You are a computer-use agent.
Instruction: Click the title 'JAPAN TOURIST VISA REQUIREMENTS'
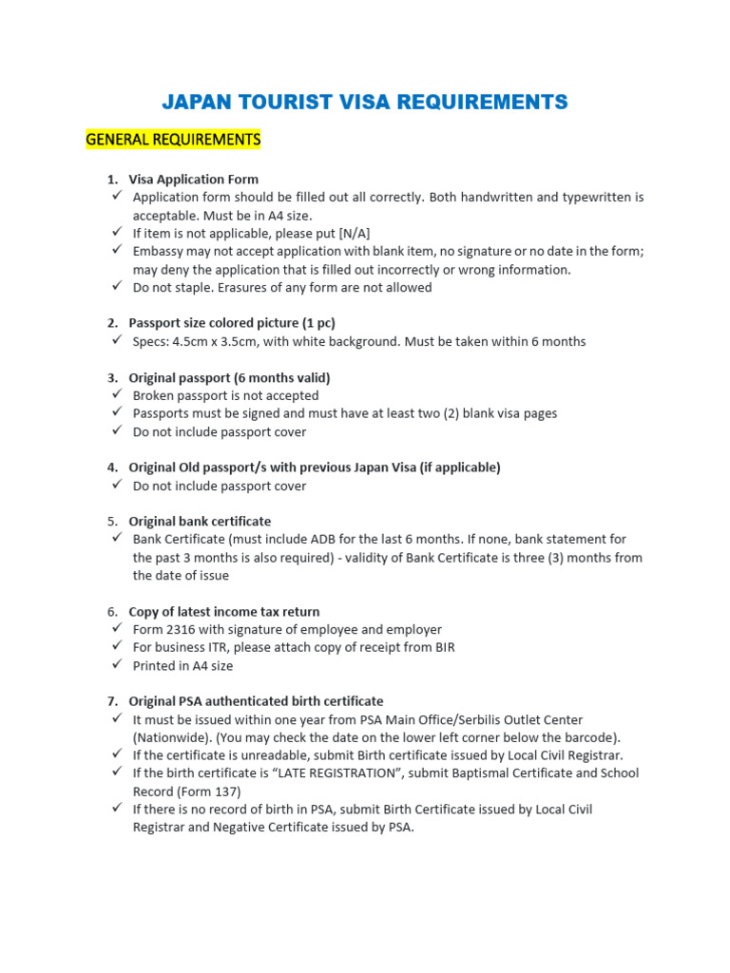pos(365,102)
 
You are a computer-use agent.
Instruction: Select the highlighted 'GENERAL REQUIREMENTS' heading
pos(173,140)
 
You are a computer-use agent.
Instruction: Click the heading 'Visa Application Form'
pos(194,179)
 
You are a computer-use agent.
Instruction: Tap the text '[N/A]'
pos(355,233)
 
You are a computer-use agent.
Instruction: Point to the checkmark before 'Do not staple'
pos(116,286)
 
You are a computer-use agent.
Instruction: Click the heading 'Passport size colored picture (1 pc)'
pos(232,323)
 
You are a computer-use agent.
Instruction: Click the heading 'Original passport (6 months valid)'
pos(229,377)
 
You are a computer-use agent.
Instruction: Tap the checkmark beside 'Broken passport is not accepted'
pos(116,394)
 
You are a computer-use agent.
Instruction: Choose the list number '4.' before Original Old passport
pos(112,467)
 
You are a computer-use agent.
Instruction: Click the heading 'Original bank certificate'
pos(200,522)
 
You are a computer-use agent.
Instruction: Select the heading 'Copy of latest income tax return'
pos(224,612)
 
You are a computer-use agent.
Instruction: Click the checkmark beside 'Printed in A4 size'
pos(116,665)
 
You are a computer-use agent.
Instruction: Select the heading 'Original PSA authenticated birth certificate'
pos(256,701)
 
